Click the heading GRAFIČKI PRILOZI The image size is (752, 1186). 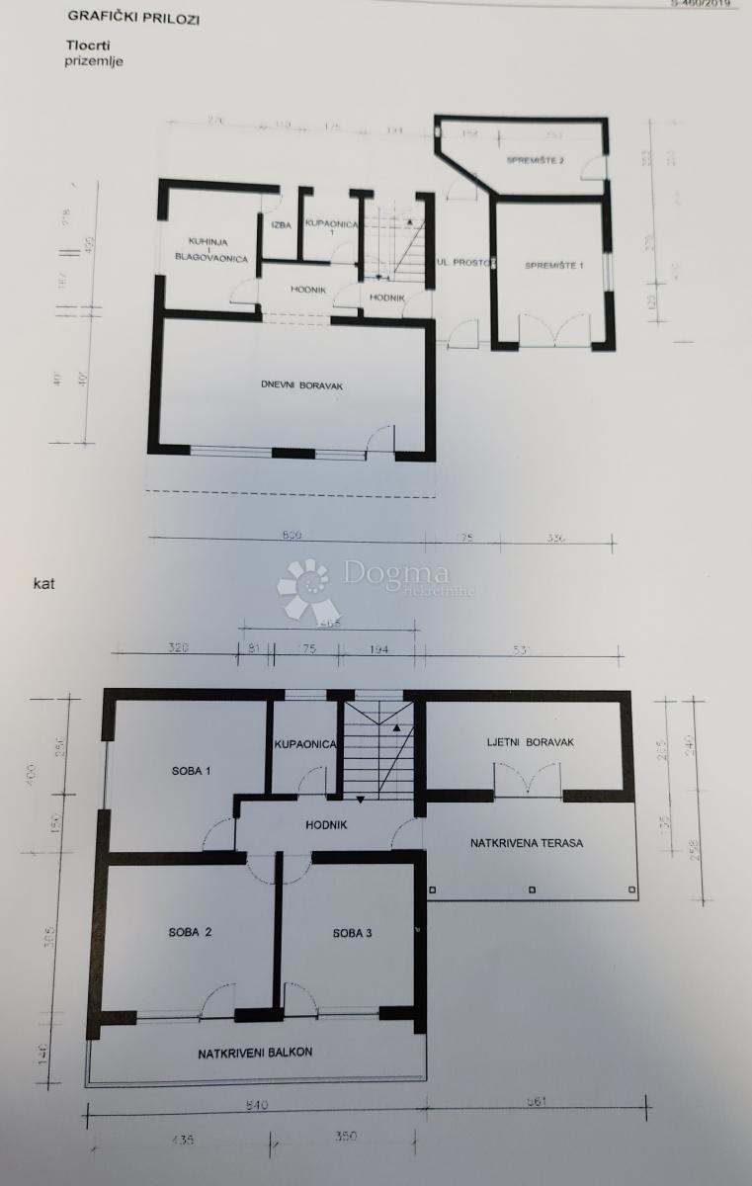(x=131, y=17)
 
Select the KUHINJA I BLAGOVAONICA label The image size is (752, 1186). (x=210, y=249)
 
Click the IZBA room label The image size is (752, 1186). (x=281, y=225)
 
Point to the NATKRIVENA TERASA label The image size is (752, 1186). (x=526, y=843)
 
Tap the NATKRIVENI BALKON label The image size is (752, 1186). (x=255, y=1053)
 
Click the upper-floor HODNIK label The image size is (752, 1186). (x=326, y=823)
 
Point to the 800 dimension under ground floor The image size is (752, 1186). (x=290, y=535)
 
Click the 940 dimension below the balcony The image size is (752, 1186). (x=256, y=1104)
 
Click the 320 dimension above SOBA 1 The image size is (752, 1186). (x=178, y=649)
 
